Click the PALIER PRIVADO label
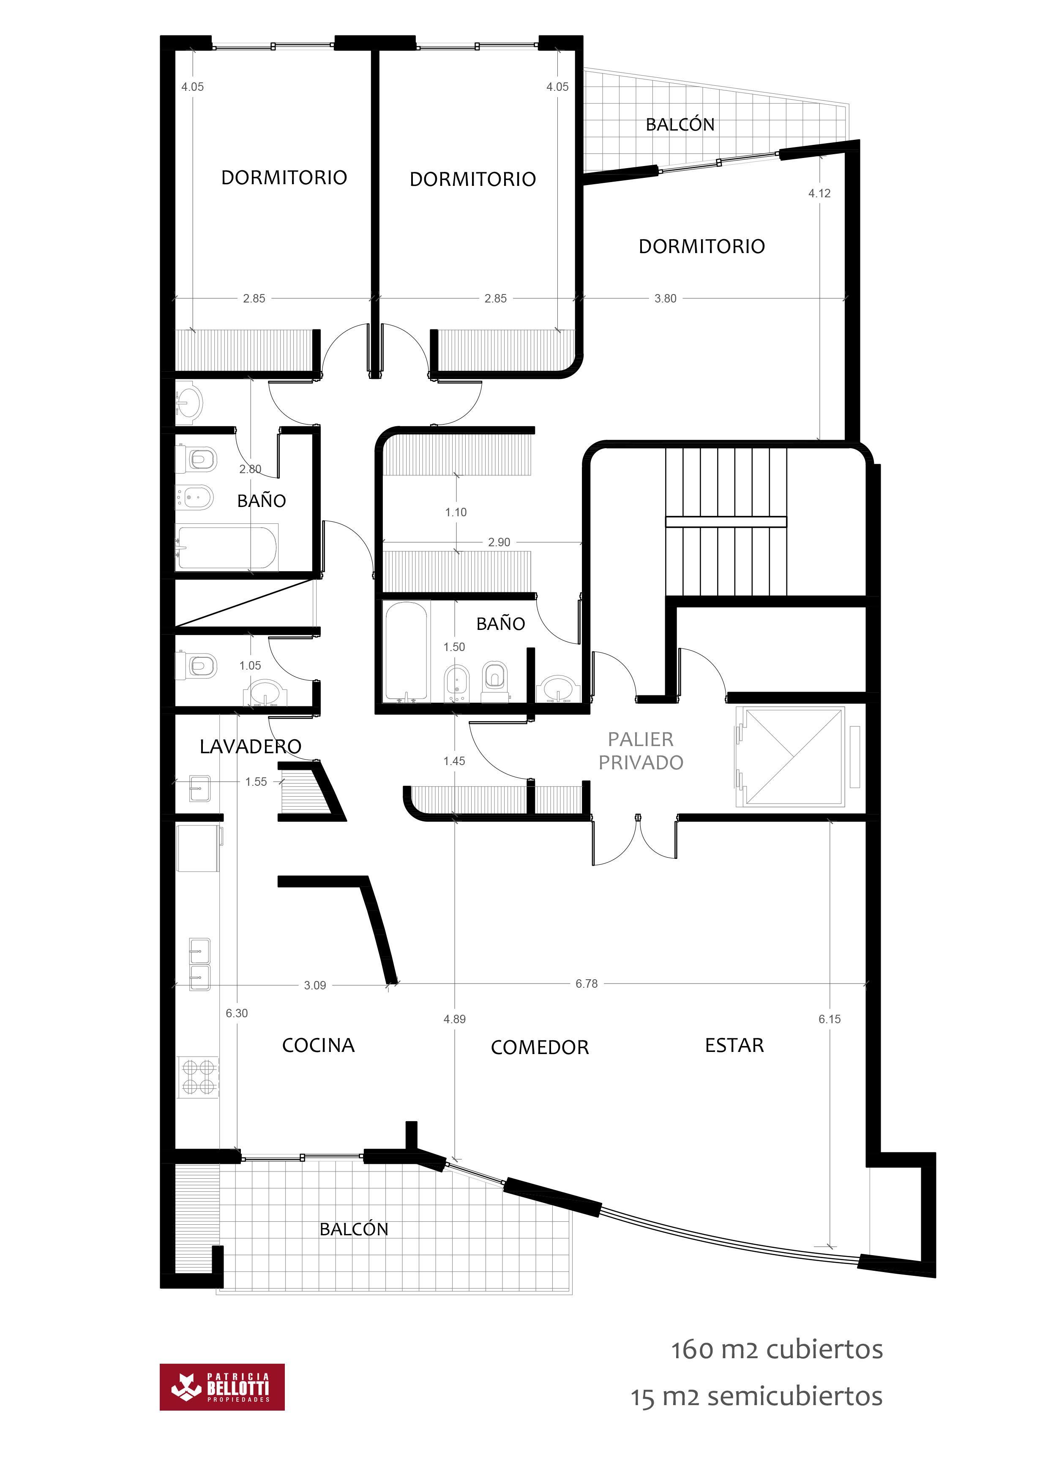pyautogui.click(x=641, y=751)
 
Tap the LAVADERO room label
pyautogui.click(x=251, y=747)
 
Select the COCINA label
pyautogui.click(x=318, y=1046)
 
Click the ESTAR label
pyautogui.click(x=734, y=1046)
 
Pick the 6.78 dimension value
pyautogui.click(x=586, y=983)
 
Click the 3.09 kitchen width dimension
pyautogui.click(x=315, y=986)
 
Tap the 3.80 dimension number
pyautogui.click(x=665, y=299)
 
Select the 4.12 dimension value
pyautogui.click(x=819, y=193)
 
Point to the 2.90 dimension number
pyautogui.click(x=499, y=542)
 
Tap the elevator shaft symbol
pyautogui.click(x=794, y=757)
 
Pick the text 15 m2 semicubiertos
pyautogui.click(x=756, y=1396)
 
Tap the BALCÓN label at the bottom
pyautogui.click(x=354, y=1230)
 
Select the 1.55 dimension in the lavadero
pyautogui.click(x=256, y=782)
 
